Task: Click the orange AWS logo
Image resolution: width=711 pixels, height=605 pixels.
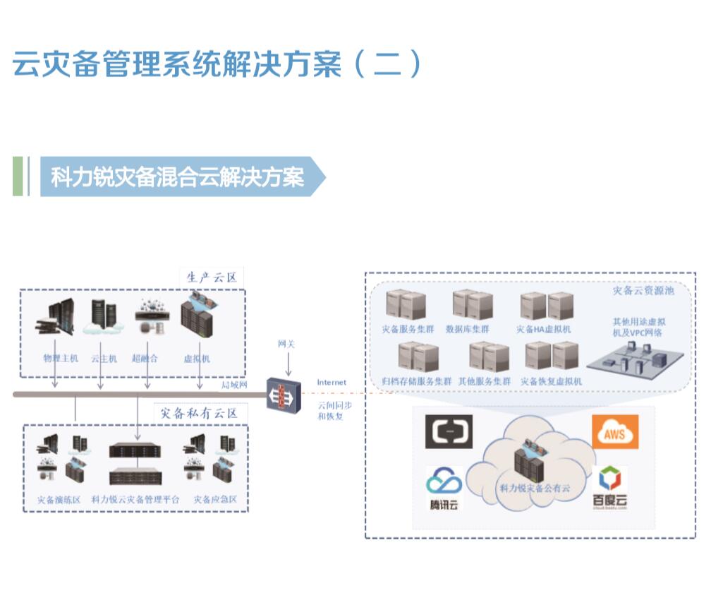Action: click(615, 432)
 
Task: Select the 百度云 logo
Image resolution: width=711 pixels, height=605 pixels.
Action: click(608, 488)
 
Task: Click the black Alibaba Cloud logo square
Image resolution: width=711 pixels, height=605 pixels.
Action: click(449, 432)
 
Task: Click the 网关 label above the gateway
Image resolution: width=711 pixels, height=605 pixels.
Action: click(286, 344)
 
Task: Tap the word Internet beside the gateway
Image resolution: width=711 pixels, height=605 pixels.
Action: click(332, 383)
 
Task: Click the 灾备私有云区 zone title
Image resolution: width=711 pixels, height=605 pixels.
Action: click(200, 413)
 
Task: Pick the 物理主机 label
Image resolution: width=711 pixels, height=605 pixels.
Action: click(61, 359)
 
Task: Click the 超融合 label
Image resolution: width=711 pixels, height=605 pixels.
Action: click(145, 359)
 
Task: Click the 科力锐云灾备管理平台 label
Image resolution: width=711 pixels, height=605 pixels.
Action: click(135, 500)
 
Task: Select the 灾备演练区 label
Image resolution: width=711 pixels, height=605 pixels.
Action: click(59, 500)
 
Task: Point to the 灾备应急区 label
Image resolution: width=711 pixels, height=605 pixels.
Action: click(215, 500)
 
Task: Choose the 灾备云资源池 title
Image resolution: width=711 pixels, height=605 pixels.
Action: click(643, 290)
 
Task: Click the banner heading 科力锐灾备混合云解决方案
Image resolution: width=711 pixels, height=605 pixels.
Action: click(177, 176)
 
